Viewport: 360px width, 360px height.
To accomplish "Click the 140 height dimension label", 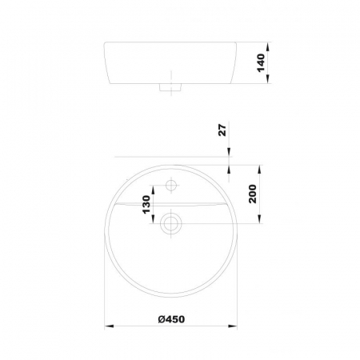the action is (x=261, y=62).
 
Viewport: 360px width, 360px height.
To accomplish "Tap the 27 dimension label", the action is (x=222, y=130).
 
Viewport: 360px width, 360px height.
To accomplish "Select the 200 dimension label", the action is (x=252, y=194).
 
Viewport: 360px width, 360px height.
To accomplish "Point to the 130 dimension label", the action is (x=146, y=205).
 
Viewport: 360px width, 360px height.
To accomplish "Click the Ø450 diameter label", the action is (x=171, y=319).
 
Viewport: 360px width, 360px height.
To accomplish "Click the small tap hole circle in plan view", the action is (x=171, y=185).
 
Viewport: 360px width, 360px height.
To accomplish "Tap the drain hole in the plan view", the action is (x=171, y=223).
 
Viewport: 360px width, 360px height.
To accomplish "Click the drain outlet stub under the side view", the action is (x=170, y=87).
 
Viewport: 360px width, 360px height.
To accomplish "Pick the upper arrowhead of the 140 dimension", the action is (x=268, y=47).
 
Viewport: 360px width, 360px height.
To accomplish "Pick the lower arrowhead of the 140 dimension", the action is (x=268, y=79).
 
